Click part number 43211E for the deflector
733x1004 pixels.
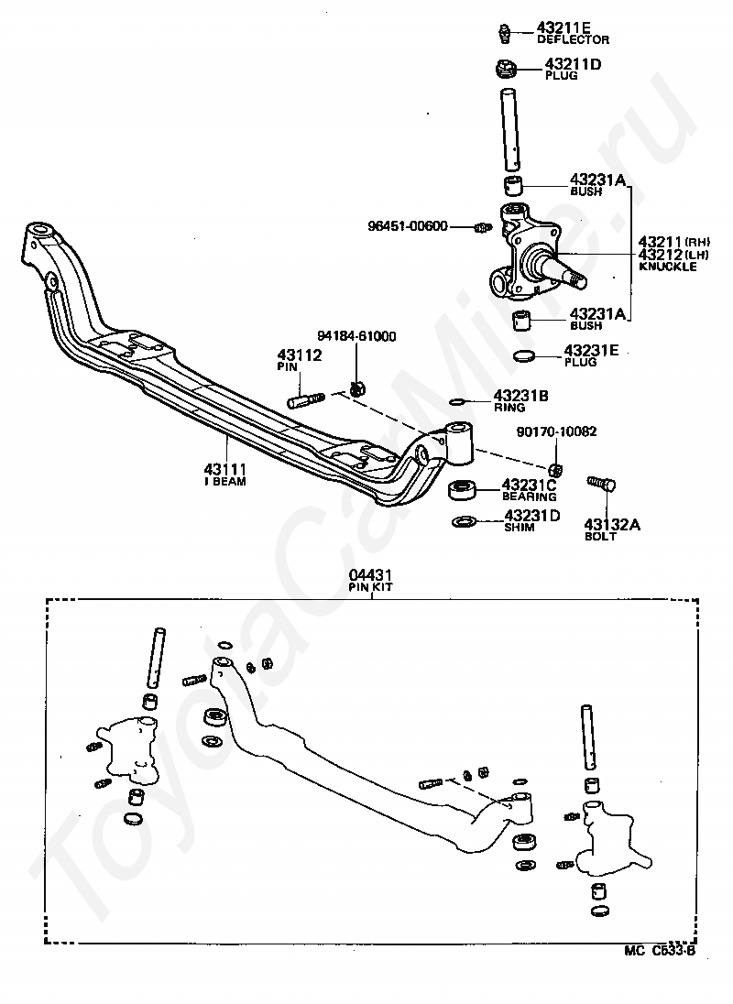pyautogui.click(x=563, y=27)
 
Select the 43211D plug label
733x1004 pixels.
pyautogui.click(x=573, y=64)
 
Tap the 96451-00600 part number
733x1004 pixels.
pyautogui.click(x=408, y=226)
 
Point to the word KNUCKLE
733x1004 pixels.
pyautogui.click(x=668, y=267)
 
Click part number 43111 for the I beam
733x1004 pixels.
pyautogui.click(x=225, y=469)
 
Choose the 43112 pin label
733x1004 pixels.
pyautogui.click(x=299, y=355)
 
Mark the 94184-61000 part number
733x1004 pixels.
pyautogui.click(x=356, y=336)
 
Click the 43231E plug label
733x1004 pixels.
pyautogui.click(x=591, y=351)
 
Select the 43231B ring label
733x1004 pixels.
pyautogui.click(x=520, y=396)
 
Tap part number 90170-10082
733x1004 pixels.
pyautogui.click(x=556, y=431)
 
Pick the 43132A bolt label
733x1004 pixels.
pyautogui.click(x=612, y=525)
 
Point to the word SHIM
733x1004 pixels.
pyautogui.click(x=520, y=528)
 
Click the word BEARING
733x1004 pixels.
pyautogui.click(x=530, y=497)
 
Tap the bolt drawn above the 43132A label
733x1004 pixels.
pyautogui.click(x=602, y=484)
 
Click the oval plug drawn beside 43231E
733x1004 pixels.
pyautogui.click(x=524, y=355)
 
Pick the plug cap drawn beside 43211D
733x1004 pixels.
pyautogui.click(x=508, y=68)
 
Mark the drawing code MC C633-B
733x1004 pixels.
pyautogui.click(x=660, y=950)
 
